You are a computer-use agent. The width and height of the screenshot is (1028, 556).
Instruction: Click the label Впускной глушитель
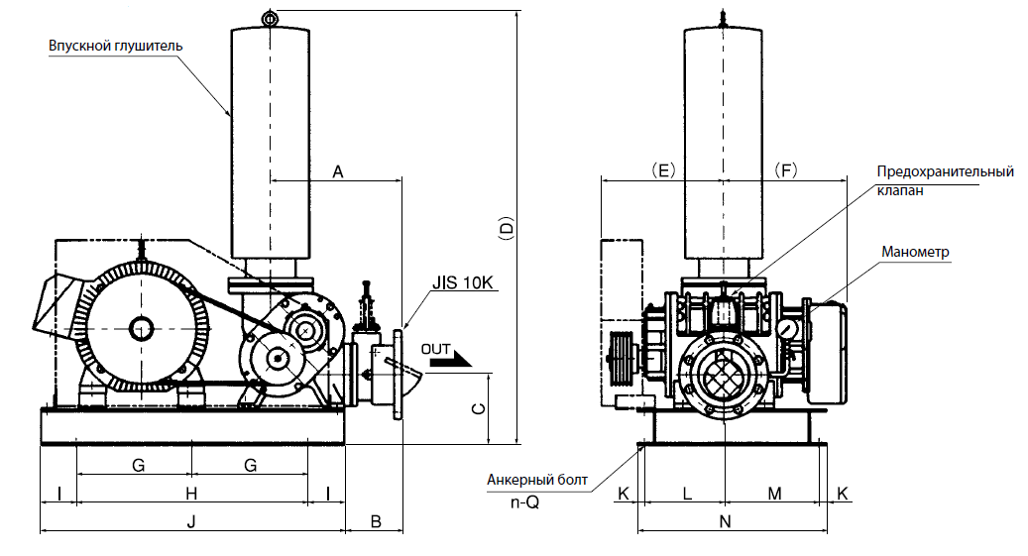coord(115,46)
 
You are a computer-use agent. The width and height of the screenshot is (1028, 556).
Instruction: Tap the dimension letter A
coord(337,171)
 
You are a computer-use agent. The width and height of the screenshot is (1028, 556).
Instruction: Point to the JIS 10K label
coord(462,282)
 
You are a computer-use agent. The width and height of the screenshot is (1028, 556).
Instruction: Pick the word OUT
coord(435,349)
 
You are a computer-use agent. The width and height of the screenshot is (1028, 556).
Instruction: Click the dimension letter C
coord(478,408)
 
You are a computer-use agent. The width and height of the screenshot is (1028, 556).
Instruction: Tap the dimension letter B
coord(375,520)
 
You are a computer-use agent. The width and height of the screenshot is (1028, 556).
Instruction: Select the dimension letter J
coord(192,520)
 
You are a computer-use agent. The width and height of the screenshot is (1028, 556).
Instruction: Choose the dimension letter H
coord(192,493)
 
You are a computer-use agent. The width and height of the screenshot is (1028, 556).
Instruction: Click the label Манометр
coord(915,252)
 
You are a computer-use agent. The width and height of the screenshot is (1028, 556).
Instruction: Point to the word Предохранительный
coord(945,171)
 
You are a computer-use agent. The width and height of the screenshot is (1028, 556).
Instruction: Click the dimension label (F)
coord(786,171)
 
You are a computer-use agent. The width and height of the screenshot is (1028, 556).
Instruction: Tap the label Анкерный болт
coord(537,480)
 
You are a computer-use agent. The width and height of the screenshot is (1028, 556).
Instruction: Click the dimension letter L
coord(687,493)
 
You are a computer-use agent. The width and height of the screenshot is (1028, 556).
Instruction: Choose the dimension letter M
coord(774,493)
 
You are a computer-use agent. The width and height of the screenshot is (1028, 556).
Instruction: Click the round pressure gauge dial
coord(789,328)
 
